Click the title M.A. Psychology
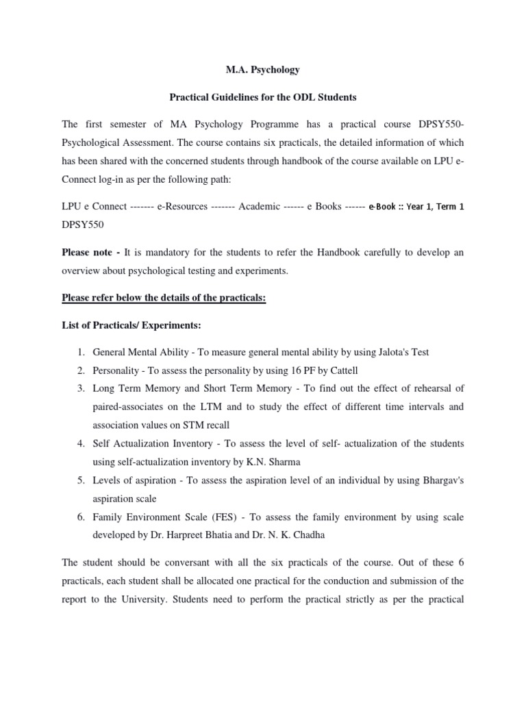tap(263, 70)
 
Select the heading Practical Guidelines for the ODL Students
tap(263, 97)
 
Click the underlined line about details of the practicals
tap(164, 298)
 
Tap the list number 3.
tap(81, 389)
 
